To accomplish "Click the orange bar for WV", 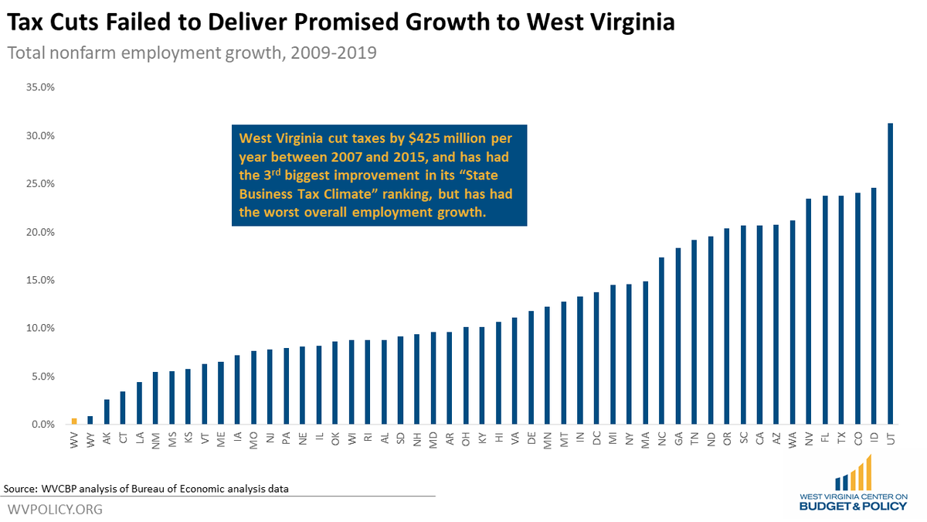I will click(73, 421).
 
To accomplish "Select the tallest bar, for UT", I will click(891, 275).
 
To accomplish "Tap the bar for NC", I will click(661, 341).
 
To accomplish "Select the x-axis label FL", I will click(825, 438).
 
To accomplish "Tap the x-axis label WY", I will click(90, 438).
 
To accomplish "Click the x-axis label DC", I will click(596, 438).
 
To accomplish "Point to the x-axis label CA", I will click(759, 438).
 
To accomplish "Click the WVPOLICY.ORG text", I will click(54, 510).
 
